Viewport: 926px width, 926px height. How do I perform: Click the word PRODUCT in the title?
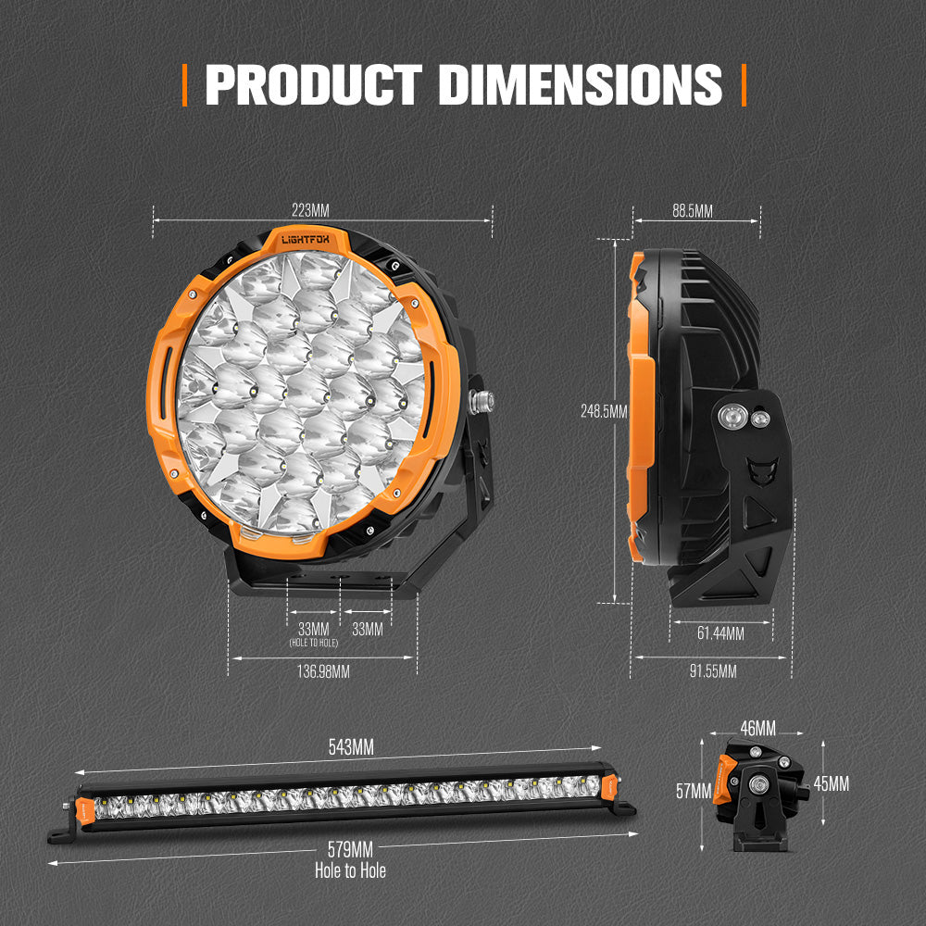click(x=313, y=84)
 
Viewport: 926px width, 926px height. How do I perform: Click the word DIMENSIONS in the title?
click(x=580, y=84)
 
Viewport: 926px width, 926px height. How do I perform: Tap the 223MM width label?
click(x=307, y=211)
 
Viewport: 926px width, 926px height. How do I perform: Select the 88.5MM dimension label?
click(x=693, y=211)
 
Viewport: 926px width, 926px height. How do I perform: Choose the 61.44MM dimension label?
click(x=720, y=634)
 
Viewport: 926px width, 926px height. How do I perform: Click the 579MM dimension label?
click(x=349, y=849)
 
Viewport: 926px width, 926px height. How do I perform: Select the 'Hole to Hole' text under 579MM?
click(x=349, y=870)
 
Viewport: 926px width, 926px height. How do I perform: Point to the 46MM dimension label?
click(x=757, y=729)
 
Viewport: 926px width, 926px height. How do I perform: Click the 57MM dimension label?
click(x=693, y=792)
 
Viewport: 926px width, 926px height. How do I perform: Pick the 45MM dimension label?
click(x=831, y=784)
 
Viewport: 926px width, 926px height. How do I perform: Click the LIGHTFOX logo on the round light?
click(x=310, y=239)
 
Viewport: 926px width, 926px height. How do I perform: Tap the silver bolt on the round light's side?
click(x=481, y=401)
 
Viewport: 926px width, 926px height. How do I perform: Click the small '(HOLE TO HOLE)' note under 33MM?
click(x=313, y=643)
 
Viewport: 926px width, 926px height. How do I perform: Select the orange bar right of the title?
click(x=743, y=84)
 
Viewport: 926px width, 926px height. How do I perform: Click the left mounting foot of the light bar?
click(x=63, y=832)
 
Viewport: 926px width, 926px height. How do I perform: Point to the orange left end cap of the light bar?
click(x=86, y=807)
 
